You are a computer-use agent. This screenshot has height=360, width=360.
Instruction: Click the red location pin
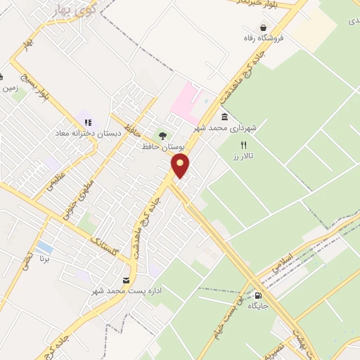pos(181,166)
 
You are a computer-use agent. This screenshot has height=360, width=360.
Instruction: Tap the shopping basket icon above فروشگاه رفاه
pos(262,27)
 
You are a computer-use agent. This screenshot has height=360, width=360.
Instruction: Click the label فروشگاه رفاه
pos(262,38)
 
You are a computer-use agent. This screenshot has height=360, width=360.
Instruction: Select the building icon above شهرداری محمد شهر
pos(224,117)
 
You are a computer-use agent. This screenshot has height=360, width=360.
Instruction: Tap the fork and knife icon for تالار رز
pos(243,145)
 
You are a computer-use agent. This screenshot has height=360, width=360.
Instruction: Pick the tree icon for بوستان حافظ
pos(163,136)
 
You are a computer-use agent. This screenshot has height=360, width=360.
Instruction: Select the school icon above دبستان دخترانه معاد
pos(88,122)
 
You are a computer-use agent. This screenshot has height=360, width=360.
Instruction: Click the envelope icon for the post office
pos(126,281)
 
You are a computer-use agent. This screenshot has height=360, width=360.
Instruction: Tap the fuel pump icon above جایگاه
pos(259,295)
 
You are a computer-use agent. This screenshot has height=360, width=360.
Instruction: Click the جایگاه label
pos(259,306)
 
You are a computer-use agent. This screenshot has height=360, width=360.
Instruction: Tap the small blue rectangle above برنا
pos(44,247)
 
